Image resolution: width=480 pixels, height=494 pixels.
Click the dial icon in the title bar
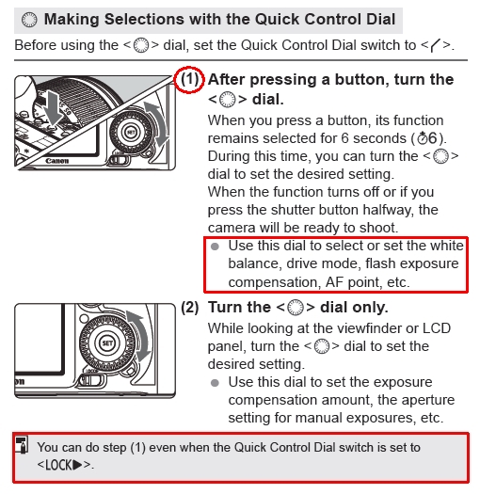[x=29, y=20]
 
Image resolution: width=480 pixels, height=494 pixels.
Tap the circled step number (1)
[x=189, y=79]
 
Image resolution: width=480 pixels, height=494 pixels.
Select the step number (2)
[x=190, y=307]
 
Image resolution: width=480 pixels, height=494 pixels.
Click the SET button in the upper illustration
[x=131, y=132]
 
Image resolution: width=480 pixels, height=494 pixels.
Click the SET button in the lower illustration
[x=107, y=343]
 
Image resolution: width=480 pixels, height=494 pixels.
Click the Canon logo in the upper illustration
[x=57, y=161]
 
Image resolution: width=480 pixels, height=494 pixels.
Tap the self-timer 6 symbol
[x=427, y=138]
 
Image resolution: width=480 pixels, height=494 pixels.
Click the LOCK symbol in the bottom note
[x=64, y=465]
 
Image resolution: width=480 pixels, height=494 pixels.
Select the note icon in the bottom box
[x=22, y=444]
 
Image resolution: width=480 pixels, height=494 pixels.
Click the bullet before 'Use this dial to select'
[x=215, y=247]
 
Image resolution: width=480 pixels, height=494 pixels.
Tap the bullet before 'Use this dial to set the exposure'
[x=215, y=383]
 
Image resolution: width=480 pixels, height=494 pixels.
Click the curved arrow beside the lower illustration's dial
[x=142, y=334]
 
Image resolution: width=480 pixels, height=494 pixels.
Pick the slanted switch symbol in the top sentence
[x=436, y=45]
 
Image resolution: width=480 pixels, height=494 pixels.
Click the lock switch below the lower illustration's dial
[x=92, y=379]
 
